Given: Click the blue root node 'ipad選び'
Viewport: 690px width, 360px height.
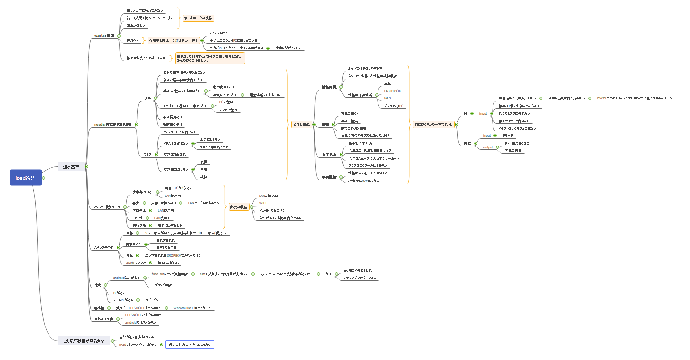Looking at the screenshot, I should [x=26, y=178].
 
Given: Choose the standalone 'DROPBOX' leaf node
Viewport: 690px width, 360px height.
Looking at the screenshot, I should [x=392, y=91].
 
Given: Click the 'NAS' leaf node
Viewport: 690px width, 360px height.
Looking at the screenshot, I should [x=387, y=98].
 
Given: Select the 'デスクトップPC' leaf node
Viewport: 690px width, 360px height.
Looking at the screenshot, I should [x=394, y=105].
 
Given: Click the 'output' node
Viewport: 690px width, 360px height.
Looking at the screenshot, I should [x=488, y=147].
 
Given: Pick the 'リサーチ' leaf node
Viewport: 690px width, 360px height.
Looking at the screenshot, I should [x=510, y=136].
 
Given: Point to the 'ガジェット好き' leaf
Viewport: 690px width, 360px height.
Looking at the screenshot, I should [x=218, y=33].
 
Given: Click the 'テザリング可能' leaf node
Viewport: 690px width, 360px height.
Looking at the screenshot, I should [x=162, y=285].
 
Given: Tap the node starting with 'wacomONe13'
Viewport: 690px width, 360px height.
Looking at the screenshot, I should [x=193, y=308].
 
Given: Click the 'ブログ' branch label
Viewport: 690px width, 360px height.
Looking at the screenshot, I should [x=147, y=154].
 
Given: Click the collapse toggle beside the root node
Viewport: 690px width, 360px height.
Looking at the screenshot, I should [x=44, y=178].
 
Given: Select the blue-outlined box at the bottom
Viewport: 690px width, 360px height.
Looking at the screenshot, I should [x=190, y=344].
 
